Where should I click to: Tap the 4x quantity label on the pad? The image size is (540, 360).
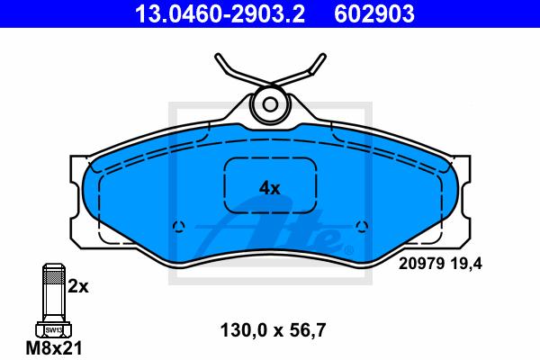point(270,188)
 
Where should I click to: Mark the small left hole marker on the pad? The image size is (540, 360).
point(177,226)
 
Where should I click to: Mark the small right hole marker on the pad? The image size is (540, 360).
point(362,226)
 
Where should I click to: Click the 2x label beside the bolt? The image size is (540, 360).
point(78,287)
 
